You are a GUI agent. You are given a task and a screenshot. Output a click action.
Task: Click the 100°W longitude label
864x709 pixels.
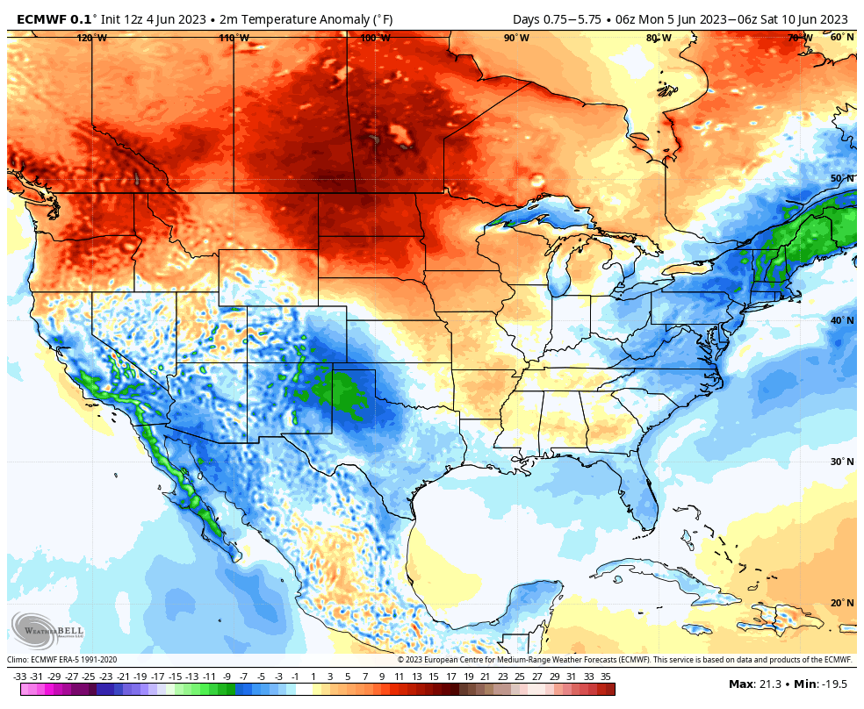pyautogui.click(x=375, y=38)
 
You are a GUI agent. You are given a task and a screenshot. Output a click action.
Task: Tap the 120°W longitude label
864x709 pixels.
pyautogui.click(x=91, y=38)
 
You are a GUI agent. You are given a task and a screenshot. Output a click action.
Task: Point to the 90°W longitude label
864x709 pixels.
pyautogui.click(x=516, y=38)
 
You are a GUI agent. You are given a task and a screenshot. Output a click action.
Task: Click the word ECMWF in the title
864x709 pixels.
pyautogui.click(x=37, y=19)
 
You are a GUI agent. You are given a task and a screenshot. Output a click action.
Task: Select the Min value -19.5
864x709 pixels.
pyautogui.click(x=835, y=684)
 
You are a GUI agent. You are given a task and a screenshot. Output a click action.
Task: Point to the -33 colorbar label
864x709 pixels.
pyautogui.click(x=19, y=677)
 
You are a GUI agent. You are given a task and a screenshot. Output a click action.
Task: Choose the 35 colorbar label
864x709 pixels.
pyautogui.click(x=606, y=677)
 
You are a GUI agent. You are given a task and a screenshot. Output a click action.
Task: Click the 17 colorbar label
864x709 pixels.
pyautogui.click(x=451, y=677)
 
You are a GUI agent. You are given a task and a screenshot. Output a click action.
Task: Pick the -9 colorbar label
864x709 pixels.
pyautogui.click(x=227, y=677)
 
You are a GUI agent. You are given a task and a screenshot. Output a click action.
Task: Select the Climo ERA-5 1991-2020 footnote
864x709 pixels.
pyautogui.click(x=61, y=660)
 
